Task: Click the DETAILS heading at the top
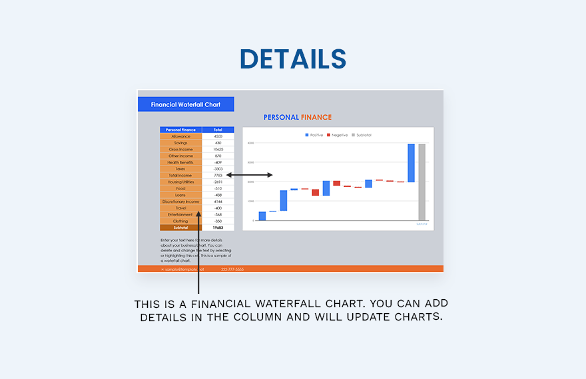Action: point(293,59)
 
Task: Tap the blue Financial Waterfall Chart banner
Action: point(186,104)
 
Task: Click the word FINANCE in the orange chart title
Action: point(316,118)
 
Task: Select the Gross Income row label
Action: point(180,150)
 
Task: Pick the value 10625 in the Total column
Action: point(218,150)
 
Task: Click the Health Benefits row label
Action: point(180,162)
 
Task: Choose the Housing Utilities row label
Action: point(180,182)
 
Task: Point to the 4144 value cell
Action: point(218,201)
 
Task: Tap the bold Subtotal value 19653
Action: point(218,227)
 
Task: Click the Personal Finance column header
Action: point(180,130)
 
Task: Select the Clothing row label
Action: point(180,221)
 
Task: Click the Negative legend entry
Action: point(338,135)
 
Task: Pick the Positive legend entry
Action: point(314,135)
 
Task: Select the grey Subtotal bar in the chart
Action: point(422,182)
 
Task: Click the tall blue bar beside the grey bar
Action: point(411,163)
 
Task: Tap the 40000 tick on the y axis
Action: point(250,143)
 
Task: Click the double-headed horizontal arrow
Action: point(249,175)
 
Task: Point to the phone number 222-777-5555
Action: point(232,269)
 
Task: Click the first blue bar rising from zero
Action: point(262,216)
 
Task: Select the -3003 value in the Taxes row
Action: point(218,169)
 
